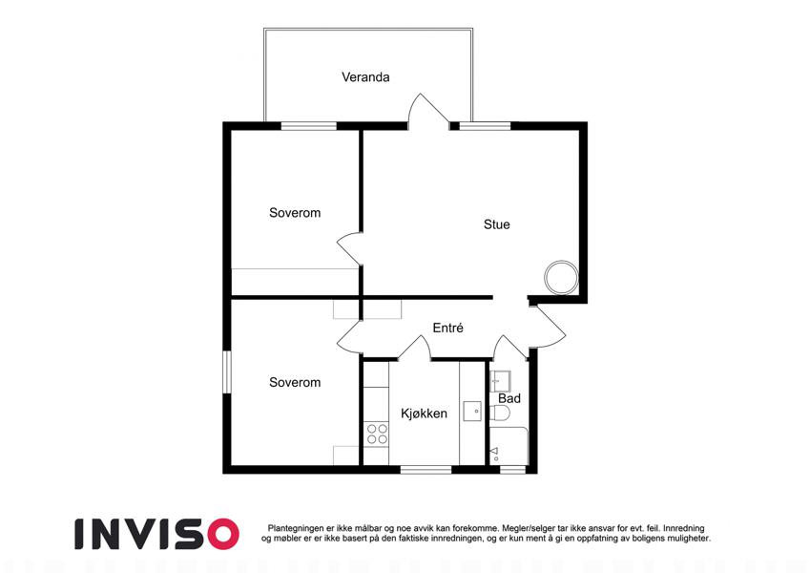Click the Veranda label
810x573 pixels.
[365, 77]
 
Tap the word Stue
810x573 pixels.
[496, 224]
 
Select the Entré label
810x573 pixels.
[447, 328]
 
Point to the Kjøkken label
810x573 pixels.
[425, 414]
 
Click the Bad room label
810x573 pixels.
[509, 398]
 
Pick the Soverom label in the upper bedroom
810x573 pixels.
[295, 213]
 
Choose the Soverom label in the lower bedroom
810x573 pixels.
[295, 382]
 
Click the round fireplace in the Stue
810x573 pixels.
[561, 278]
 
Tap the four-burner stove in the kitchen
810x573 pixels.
[377, 434]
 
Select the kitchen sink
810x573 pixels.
[472, 412]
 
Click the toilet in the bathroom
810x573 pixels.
[500, 414]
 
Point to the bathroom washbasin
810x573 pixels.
[500, 381]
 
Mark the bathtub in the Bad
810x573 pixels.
[509, 446]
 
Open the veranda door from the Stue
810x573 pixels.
[427, 111]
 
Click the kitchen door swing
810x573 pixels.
[415, 348]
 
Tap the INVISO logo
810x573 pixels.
[157, 534]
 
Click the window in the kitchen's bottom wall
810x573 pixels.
[426, 470]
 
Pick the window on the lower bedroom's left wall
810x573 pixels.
[227, 372]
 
